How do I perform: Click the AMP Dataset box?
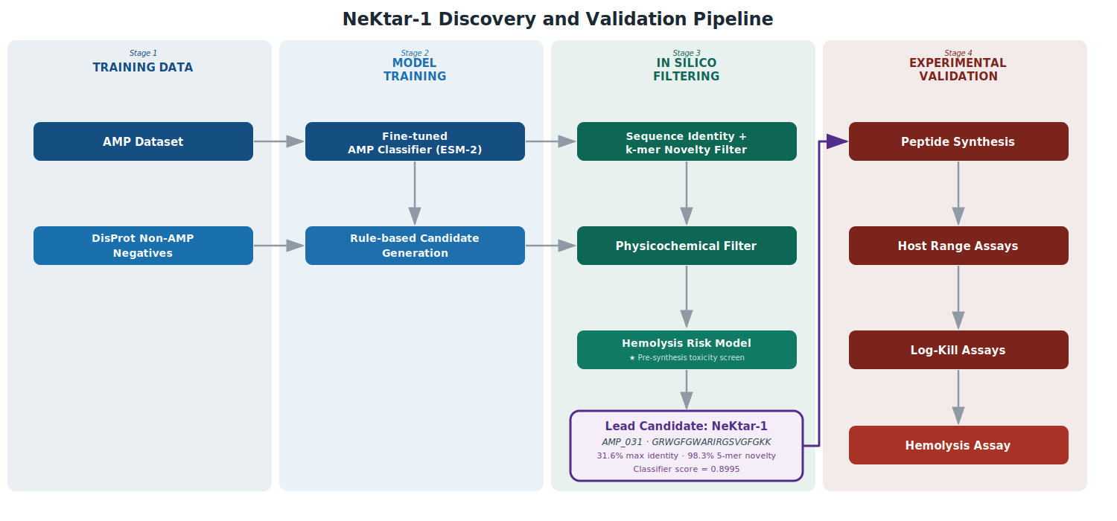coord(143,141)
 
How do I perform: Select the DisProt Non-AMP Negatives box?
coord(143,246)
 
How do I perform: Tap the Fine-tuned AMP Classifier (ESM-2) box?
coord(415,141)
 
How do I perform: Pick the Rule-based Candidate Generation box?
coord(415,246)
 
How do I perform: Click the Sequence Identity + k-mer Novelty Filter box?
coord(687,141)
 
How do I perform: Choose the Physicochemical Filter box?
coord(687,246)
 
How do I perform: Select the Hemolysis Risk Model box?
coord(687,350)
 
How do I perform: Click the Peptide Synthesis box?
coord(958,141)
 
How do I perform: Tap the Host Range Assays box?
coord(958,246)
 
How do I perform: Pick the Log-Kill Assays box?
coord(958,350)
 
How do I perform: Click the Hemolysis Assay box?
coord(958,445)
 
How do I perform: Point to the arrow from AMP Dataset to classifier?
coord(279,141)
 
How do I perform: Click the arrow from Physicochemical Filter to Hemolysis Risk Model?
coord(687,297)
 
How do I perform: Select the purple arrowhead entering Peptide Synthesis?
coord(837,141)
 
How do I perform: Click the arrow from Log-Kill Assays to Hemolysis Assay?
coord(958,397)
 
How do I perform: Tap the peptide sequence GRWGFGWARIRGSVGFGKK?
coord(711,442)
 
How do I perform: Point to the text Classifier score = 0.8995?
coord(687,469)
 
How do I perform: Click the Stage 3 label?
coord(687,53)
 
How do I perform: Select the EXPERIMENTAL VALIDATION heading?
coord(958,70)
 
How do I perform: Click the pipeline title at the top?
coord(558,19)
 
